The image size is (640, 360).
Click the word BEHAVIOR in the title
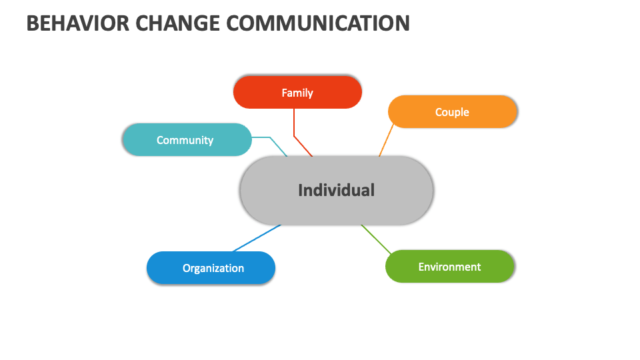tap(77, 23)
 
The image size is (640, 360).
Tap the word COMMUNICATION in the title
tap(318, 23)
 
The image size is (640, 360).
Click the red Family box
tap(297, 92)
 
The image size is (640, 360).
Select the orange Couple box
tap(453, 112)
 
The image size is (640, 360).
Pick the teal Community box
tap(187, 139)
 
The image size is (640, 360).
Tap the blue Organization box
tap(211, 268)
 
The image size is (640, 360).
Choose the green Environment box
tap(450, 267)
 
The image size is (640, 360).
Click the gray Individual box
tap(337, 191)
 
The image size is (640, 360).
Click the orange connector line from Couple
tap(386, 141)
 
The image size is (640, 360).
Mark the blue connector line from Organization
tap(257, 238)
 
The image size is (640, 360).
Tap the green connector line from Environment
tap(376, 239)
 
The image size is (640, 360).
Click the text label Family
tap(297, 93)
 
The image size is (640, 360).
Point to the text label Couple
tap(452, 112)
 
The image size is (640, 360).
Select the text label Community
tap(185, 141)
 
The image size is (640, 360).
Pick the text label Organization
tap(213, 268)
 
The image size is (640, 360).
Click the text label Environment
tap(450, 267)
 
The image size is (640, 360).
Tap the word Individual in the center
tap(336, 190)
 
